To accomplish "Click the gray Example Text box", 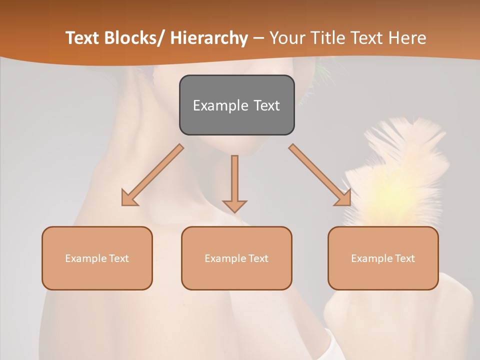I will (236, 105).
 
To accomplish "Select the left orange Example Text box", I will (97, 258).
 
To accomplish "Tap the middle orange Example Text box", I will (236, 258).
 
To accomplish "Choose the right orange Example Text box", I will (383, 258).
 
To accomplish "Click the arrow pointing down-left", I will (152, 175).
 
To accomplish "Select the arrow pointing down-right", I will (320, 175).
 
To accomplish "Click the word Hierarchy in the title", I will (209, 38).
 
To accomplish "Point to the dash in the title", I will (258, 38).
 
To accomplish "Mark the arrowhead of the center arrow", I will (234, 205).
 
